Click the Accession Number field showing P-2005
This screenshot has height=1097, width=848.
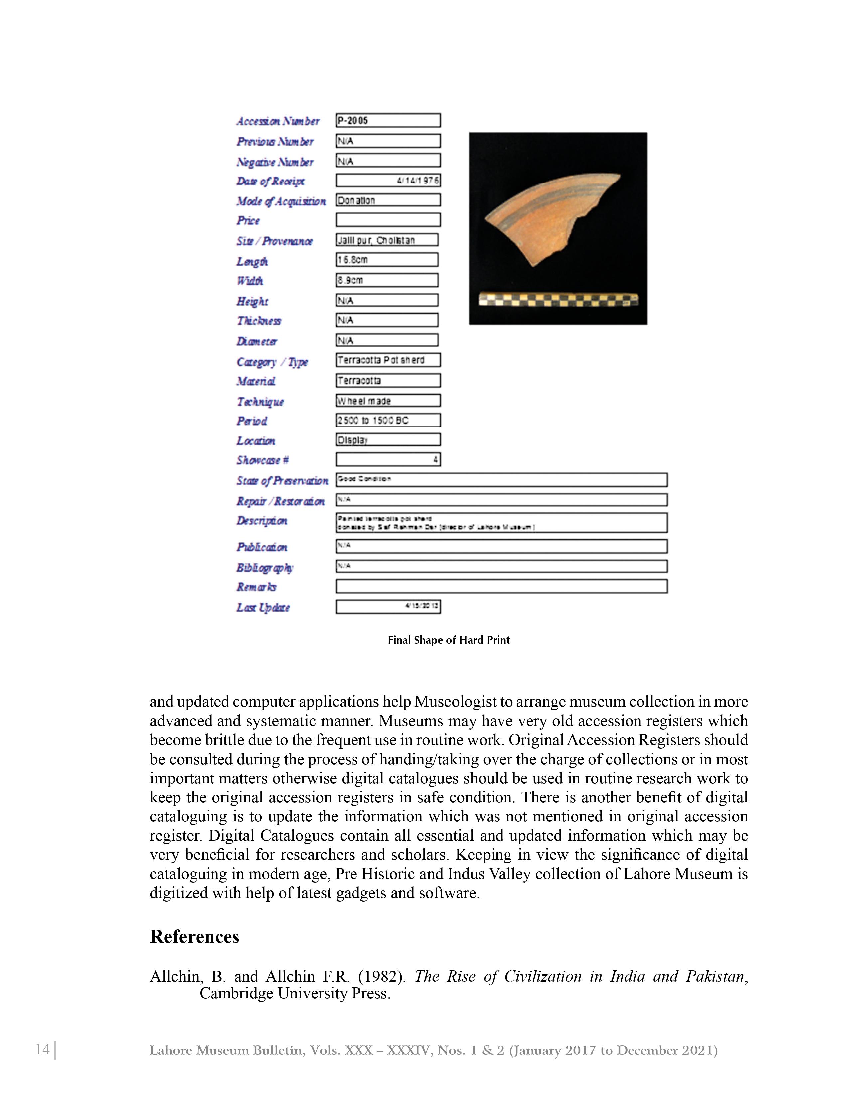(x=387, y=120)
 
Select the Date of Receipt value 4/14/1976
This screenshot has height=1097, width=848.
(x=387, y=180)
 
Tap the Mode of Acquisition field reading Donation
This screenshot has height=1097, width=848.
(x=387, y=200)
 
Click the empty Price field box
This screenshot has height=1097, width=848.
(x=387, y=220)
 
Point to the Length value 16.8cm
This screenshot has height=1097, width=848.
(x=386, y=260)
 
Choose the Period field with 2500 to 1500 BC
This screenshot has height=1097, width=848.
(x=387, y=420)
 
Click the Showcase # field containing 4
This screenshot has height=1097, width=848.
(x=387, y=460)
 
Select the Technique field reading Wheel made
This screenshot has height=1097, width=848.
(x=387, y=400)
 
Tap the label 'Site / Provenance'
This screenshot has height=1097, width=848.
(x=274, y=242)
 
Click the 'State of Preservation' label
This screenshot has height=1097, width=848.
(x=282, y=481)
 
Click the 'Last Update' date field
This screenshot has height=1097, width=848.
(x=387, y=606)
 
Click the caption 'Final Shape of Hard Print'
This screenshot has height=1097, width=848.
(x=448, y=640)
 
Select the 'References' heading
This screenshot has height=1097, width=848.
(x=195, y=937)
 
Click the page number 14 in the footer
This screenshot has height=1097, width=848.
(x=43, y=1049)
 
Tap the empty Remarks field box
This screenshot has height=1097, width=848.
(x=501, y=586)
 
